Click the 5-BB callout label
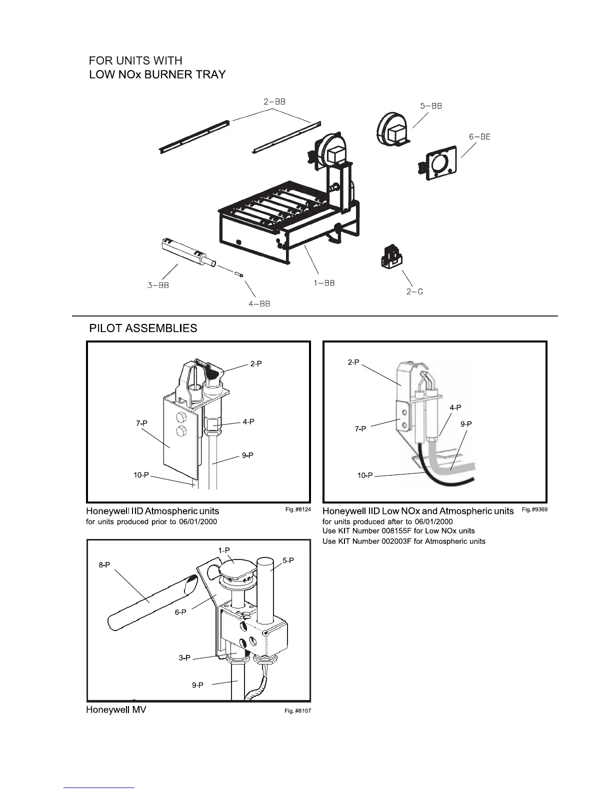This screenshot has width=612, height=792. click(430, 106)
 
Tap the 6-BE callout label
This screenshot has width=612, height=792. click(479, 136)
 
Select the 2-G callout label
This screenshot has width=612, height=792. click(414, 291)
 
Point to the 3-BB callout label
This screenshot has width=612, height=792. click(158, 285)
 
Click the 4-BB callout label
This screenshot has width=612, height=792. click(259, 304)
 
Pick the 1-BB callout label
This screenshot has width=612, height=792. click(324, 283)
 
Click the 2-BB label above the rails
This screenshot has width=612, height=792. click(274, 101)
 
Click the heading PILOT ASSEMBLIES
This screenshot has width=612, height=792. click(143, 328)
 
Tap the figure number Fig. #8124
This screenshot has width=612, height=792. click(298, 509)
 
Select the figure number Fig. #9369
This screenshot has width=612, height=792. click(534, 509)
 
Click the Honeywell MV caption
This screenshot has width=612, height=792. click(116, 709)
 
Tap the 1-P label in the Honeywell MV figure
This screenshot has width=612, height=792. click(223, 550)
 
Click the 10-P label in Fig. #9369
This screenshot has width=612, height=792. click(365, 475)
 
